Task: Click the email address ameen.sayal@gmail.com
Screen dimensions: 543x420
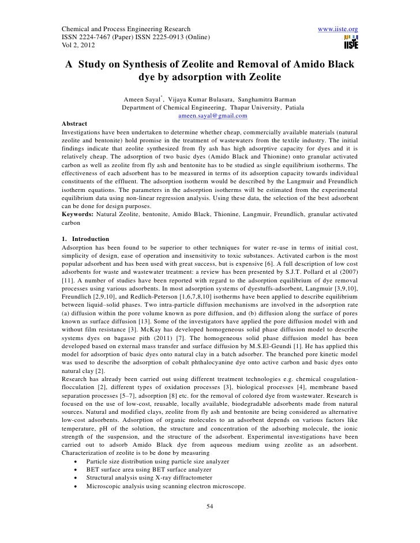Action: tap(213, 116)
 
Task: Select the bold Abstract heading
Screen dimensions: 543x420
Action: tap(74, 124)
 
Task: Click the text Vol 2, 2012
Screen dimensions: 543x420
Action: tap(78, 46)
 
